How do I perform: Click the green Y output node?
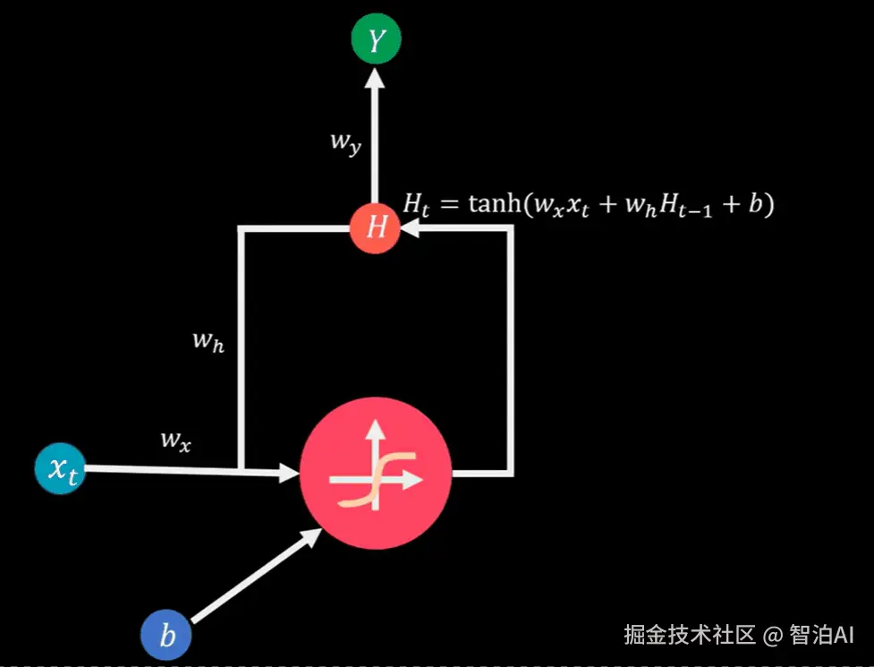pyautogui.click(x=376, y=39)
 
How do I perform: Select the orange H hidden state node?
pyautogui.click(x=376, y=227)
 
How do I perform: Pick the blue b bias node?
pyautogui.click(x=167, y=637)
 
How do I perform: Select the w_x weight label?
pyautogui.click(x=175, y=439)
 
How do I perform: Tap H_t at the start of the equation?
pyautogui.click(x=417, y=205)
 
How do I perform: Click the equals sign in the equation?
pyautogui.click(x=451, y=205)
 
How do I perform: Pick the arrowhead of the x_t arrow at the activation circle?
pyautogui.click(x=288, y=471)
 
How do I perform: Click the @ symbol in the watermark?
pyautogui.click(x=773, y=636)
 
